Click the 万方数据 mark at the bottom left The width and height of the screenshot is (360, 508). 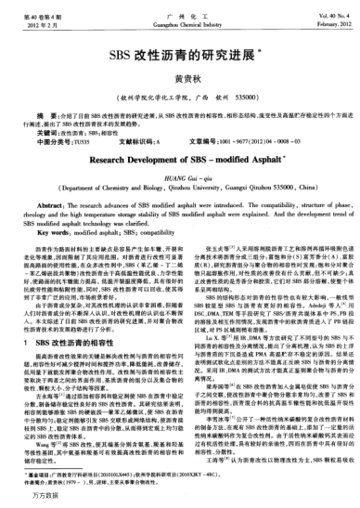pos(28,499)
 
